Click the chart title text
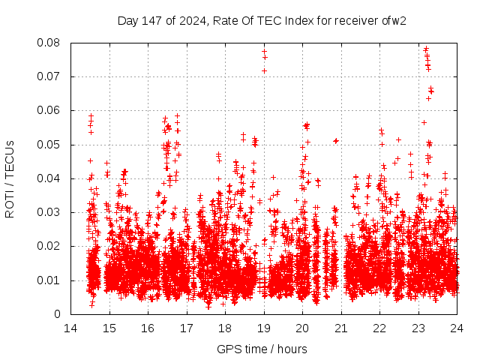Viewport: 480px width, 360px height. (262, 20)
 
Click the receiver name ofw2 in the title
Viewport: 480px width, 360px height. (394, 20)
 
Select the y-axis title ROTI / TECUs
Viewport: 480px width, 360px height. (10, 178)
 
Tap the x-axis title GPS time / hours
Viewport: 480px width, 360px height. (262, 349)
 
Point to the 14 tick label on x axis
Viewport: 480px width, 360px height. (70, 328)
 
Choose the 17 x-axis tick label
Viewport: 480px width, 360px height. (187, 328)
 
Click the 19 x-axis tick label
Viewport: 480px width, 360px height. (264, 328)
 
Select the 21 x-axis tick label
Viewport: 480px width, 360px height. (341, 328)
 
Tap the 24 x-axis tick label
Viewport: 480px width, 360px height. (457, 328)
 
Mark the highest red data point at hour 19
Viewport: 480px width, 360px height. (264, 52)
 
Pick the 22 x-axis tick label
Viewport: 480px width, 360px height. (379, 328)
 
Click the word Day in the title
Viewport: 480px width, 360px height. (127, 20)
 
